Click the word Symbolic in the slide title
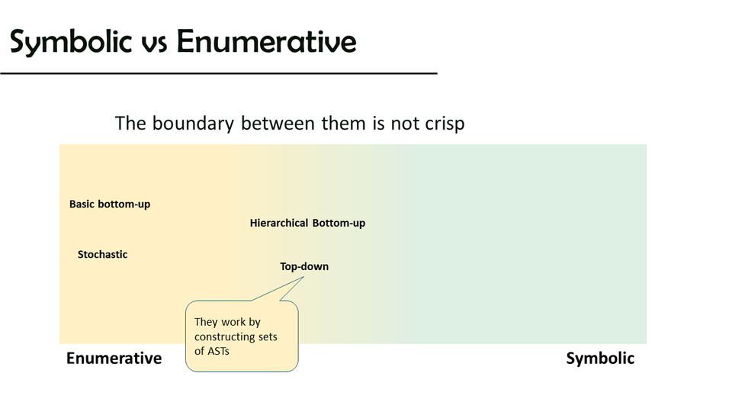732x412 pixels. coord(71,42)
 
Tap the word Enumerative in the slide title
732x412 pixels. coord(267,41)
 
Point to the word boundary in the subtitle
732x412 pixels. coord(193,124)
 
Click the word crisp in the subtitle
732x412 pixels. coord(445,124)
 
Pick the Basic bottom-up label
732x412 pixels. coord(110,204)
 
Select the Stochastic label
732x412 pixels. coord(102,255)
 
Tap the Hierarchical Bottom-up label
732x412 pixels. coord(307,224)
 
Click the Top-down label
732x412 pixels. coord(304,267)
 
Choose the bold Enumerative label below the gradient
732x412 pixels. coord(114,359)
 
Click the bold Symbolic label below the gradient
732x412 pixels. coord(600,359)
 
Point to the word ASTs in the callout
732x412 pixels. coord(218,351)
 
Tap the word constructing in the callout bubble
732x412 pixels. coord(223,337)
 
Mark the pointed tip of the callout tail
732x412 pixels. coord(304,276)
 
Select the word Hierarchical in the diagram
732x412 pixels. coord(279,224)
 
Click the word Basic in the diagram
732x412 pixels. coord(82,204)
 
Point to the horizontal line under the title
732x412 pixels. coord(219,73)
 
